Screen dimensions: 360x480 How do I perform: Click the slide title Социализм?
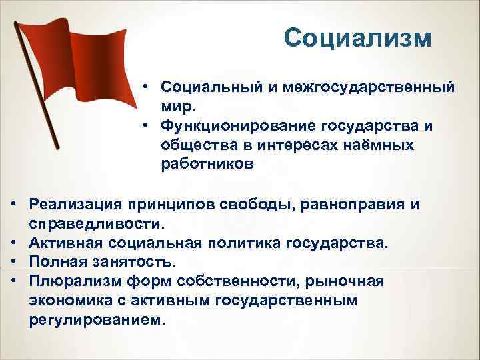tap(357, 38)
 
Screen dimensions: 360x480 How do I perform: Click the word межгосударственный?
tap(371, 88)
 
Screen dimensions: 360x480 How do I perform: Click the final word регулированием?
tap(96, 319)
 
